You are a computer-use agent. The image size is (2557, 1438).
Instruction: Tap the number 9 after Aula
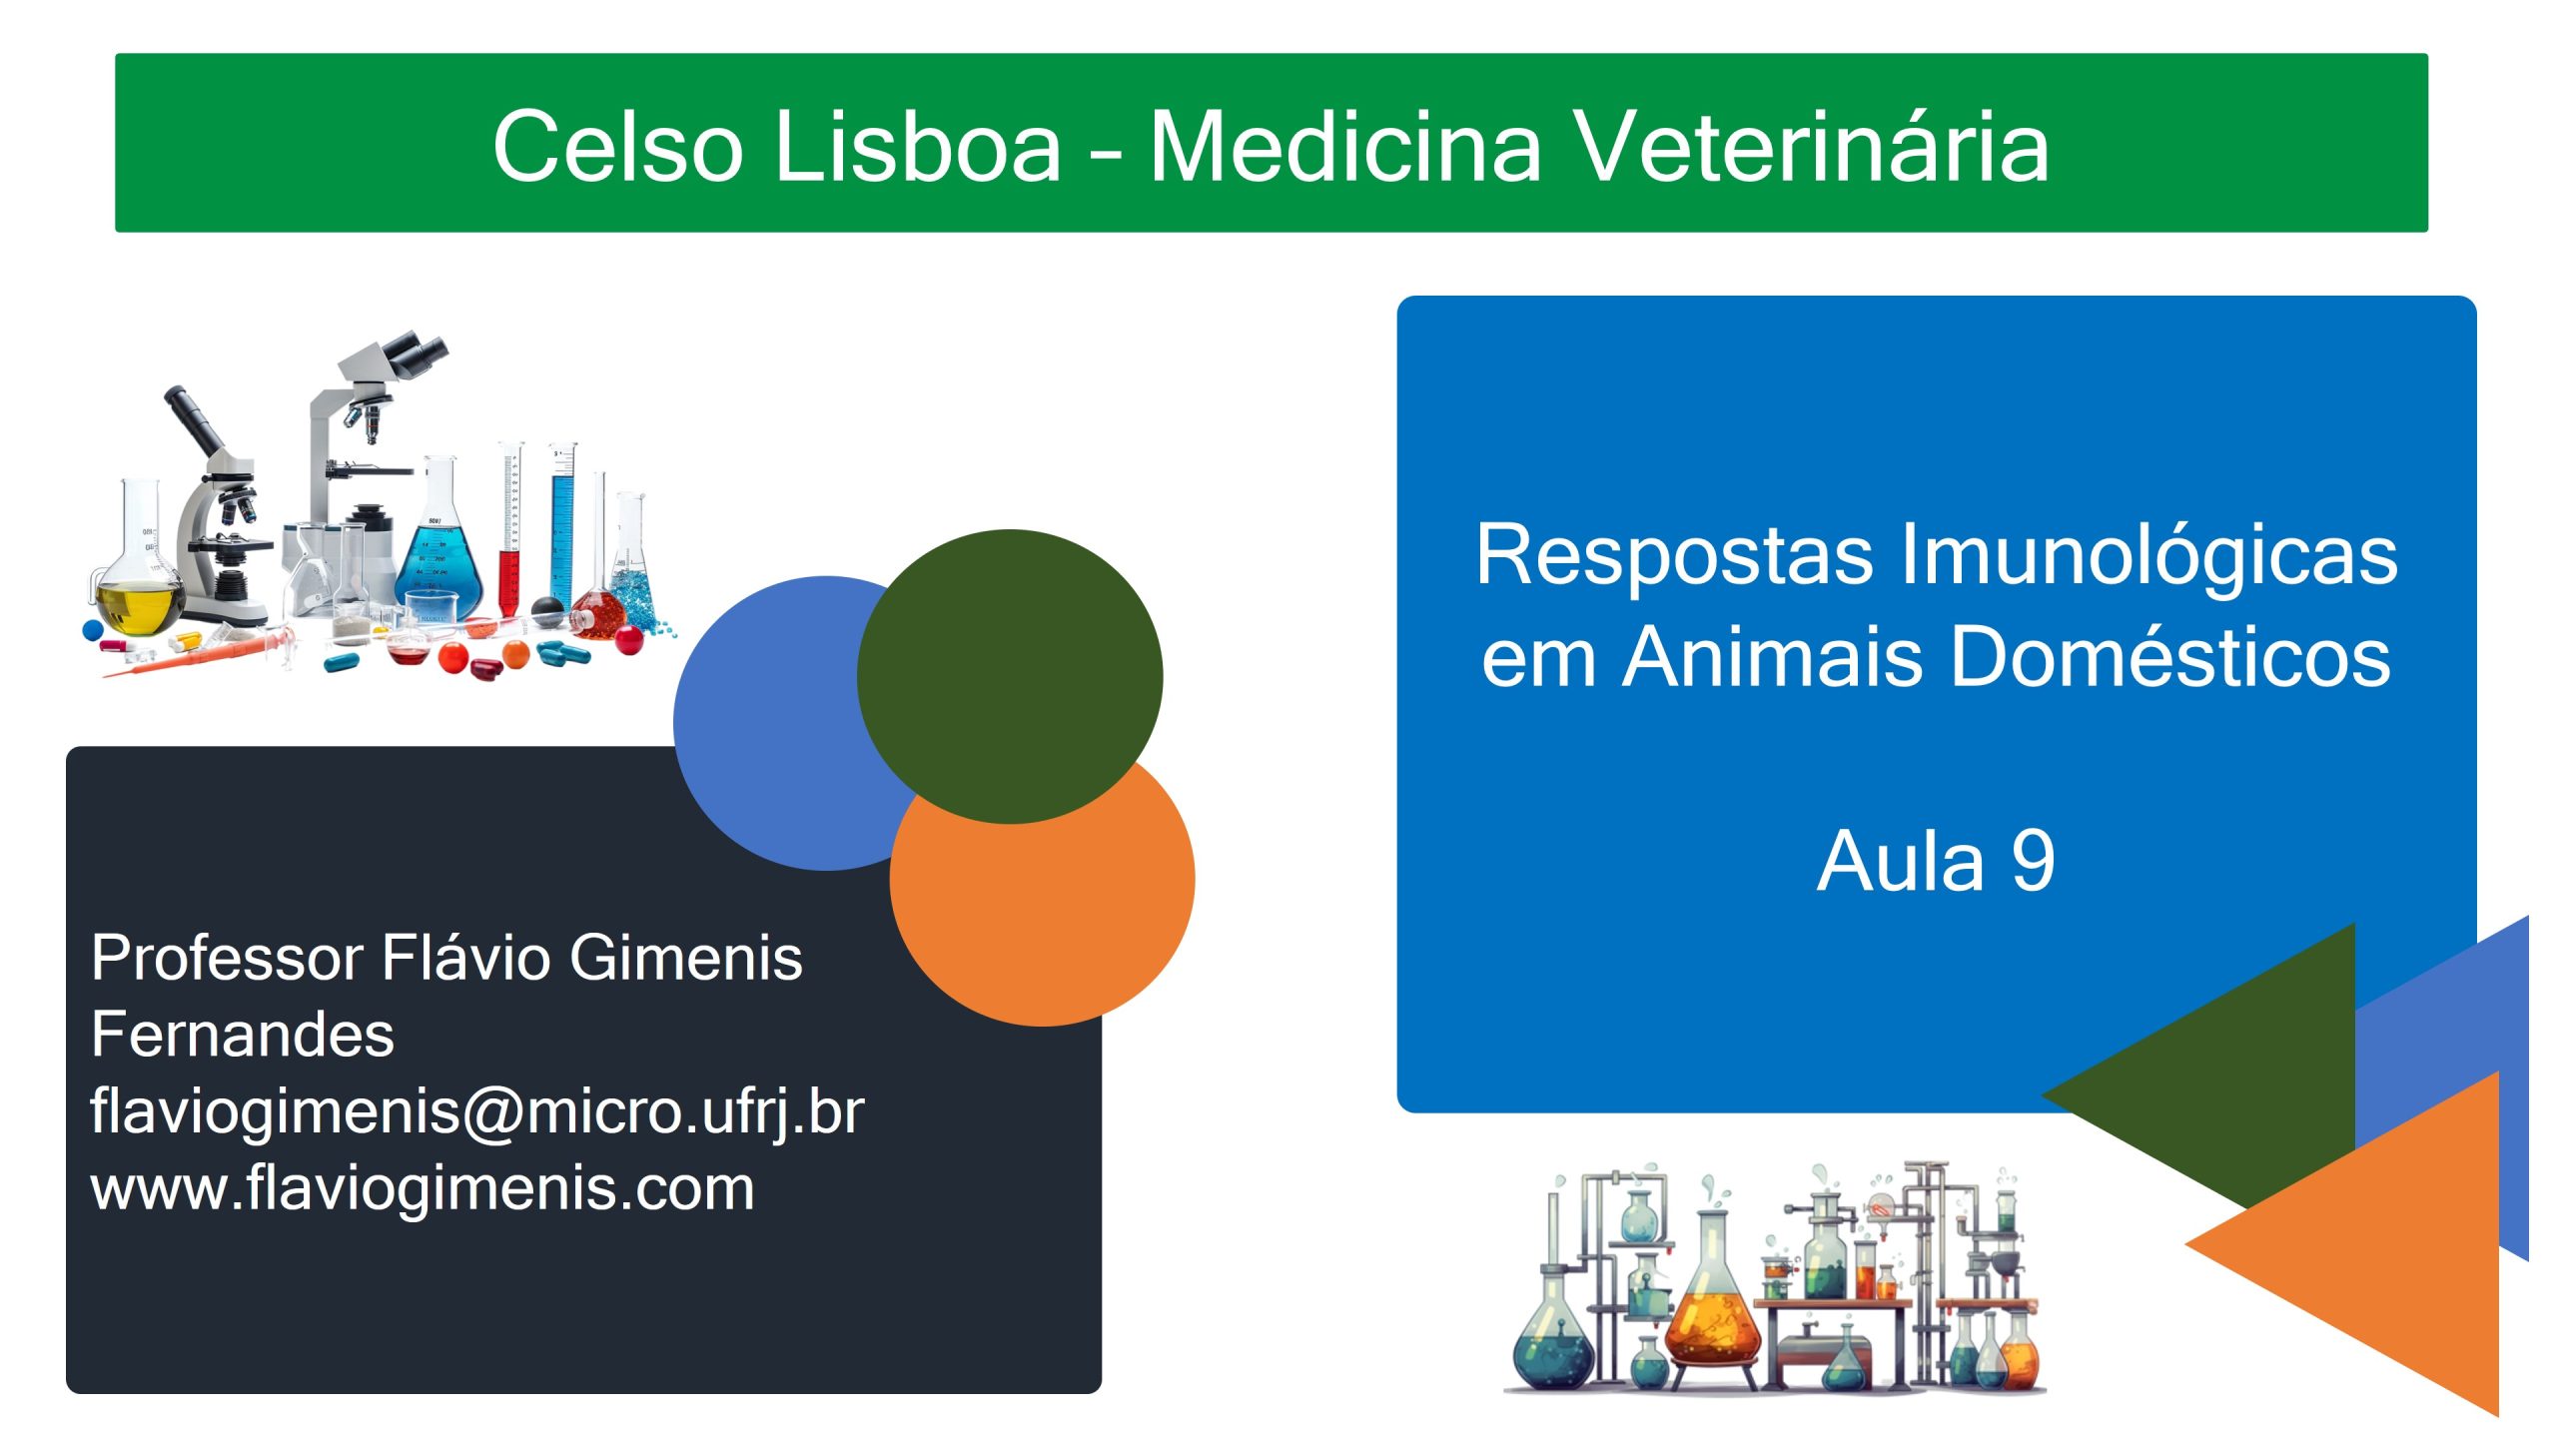click(2033, 861)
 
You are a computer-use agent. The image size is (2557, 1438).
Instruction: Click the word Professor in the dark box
click(227, 958)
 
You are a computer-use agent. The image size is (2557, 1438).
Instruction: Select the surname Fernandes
click(243, 1034)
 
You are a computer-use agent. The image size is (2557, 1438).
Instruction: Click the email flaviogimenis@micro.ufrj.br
click(477, 1112)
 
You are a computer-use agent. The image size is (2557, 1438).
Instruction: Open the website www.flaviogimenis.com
click(423, 1188)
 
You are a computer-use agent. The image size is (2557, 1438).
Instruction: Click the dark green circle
click(1010, 676)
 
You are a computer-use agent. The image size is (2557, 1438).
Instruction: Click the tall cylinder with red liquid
click(510, 529)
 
